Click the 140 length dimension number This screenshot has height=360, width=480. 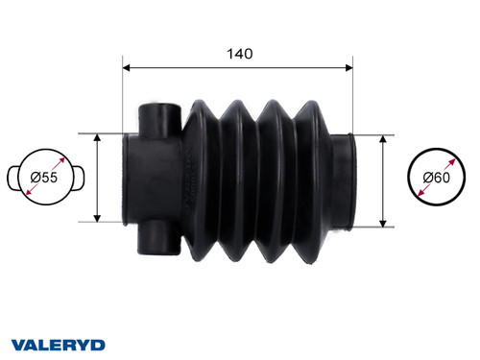[x=240, y=54]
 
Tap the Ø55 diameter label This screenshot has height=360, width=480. [x=45, y=179]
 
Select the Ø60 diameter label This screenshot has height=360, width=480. [x=439, y=179]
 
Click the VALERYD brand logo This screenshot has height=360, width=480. [x=58, y=343]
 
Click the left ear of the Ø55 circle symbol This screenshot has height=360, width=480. [x=12, y=179]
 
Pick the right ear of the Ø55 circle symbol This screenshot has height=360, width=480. [x=80, y=179]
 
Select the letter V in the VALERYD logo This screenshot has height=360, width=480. [x=19, y=343]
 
